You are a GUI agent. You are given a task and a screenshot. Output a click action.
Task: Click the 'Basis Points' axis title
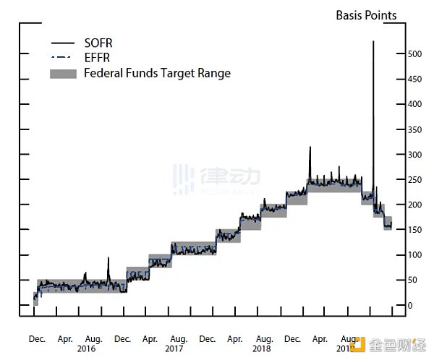tap(366, 16)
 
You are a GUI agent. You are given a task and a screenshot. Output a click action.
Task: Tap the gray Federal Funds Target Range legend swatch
tap(63, 73)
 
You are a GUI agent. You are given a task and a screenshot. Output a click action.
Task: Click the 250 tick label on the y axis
tap(414, 180)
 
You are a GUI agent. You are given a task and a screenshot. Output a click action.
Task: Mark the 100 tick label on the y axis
tap(414, 255)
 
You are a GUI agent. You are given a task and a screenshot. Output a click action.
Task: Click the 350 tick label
tap(414, 130)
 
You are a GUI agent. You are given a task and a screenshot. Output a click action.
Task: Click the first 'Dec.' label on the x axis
tap(37, 338)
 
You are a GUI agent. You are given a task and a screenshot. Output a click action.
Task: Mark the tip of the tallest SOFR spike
tap(373, 42)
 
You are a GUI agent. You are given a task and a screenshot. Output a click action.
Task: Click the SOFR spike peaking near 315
tap(310, 148)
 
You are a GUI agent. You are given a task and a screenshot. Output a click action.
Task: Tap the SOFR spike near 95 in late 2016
tap(109, 258)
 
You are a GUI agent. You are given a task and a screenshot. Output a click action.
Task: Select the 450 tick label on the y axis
tap(414, 80)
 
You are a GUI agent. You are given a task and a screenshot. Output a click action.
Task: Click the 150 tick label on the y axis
tap(414, 230)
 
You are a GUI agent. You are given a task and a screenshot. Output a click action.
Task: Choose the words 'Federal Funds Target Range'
tap(157, 73)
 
